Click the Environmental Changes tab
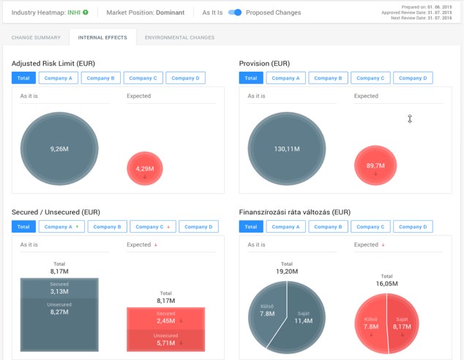point(179,37)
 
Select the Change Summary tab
point(35,37)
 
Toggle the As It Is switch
point(235,12)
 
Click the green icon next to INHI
point(86,12)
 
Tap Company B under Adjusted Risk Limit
point(100,78)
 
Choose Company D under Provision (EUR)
point(412,78)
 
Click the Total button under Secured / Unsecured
point(23,227)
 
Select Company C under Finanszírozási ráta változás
point(370,227)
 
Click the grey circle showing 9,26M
point(59,149)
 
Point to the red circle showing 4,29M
point(145,169)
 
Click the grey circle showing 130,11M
point(287,149)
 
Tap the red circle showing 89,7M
point(375,165)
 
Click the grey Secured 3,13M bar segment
point(59,288)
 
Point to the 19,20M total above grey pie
point(287,270)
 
